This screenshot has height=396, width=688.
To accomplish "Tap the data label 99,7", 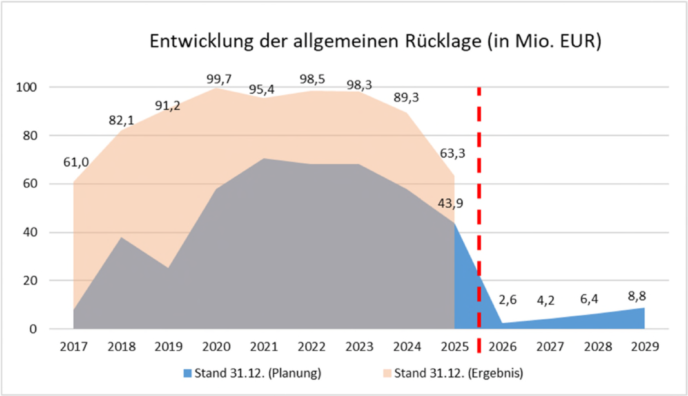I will [x=219, y=79].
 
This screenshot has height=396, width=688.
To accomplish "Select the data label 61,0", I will [x=76, y=162].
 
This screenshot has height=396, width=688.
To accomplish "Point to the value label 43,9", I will [x=450, y=203].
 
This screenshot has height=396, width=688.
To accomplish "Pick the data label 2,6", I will [x=507, y=300].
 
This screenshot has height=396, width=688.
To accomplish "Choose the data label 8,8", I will [x=637, y=296].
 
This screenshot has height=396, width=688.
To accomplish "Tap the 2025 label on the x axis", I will [x=455, y=347].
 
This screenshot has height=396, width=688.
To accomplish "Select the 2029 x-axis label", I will [x=645, y=347].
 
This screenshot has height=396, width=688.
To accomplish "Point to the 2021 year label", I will [x=264, y=347].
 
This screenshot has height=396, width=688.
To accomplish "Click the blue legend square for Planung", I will [x=187, y=373].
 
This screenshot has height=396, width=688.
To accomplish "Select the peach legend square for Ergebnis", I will [x=387, y=373].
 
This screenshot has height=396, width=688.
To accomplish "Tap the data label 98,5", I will [x=312, y=79].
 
